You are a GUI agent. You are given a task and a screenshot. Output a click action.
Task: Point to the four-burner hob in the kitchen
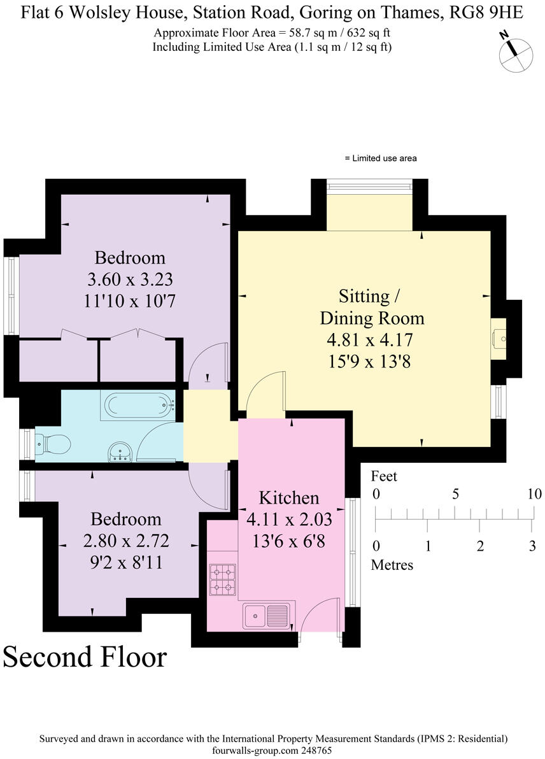pyautogui.click(x=222, y=578)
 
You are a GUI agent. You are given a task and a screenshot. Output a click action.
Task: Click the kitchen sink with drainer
pyautogui.click(x=266, y=616)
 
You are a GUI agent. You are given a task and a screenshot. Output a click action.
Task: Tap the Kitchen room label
pyautogui.click(x=289, y=498)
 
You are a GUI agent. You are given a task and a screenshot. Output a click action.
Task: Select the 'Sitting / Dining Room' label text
pyautogui.click(x=372, y=306)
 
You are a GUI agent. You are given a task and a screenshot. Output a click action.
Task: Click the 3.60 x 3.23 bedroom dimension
pyautogui.click(x=130, y=279)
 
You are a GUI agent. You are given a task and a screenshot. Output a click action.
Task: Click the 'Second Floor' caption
pyautogui.click(x=85, y=656)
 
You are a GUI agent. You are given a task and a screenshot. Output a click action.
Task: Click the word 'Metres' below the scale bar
pyautogui.click(x=392, y=564)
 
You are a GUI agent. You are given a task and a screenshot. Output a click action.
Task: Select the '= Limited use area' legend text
pyautogui.click(x=380, y=158)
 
